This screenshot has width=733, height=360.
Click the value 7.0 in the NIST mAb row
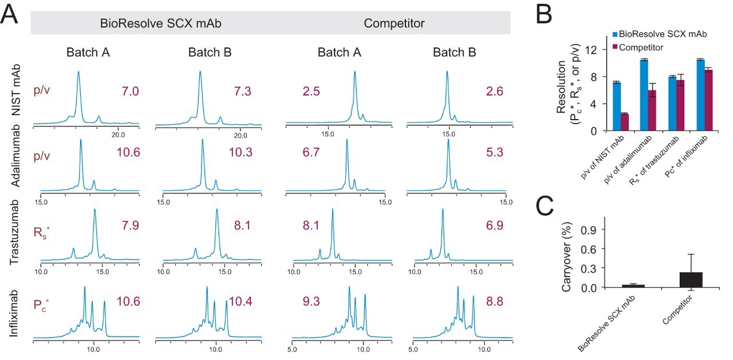130,91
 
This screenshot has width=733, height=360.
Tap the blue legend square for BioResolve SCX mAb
616,35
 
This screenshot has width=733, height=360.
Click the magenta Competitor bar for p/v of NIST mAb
624,122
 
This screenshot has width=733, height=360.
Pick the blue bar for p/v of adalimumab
644,95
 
